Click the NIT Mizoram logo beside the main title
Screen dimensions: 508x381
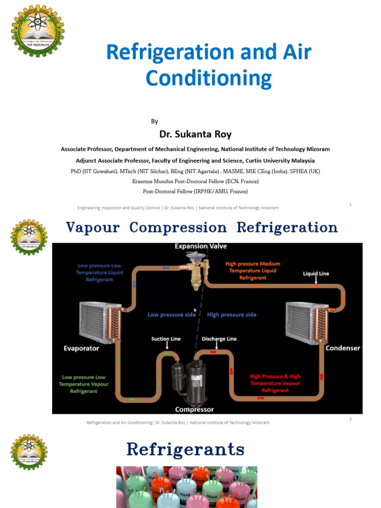pyautogui.click(x=38, y=31)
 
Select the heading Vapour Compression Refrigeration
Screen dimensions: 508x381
pyautogui.click(x=202, y=228)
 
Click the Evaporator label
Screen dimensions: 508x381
pyautogui.click(x=81, y=348)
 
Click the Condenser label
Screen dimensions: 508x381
pyautogui.click(x=342, y=348)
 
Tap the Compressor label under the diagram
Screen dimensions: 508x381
pyautogui.click(x=194, y=410)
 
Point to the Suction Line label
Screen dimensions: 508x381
pyautogui.click(x=166, y=339)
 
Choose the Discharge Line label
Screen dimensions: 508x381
pyautogui.click(x=219, y=339)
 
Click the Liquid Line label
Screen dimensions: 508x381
pyautogui.click(x=316, y=273)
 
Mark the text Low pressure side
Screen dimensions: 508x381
pyautogui.click(x=172, y=315)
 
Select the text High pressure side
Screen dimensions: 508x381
pyautogui.click(x=232, y=315)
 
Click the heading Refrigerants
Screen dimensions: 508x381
pyautogui.click(x=186, y=449)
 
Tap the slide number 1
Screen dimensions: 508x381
pyautogui.click(x=350, y=204)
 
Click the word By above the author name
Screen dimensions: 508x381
pyautogui.click(x=154, y=122)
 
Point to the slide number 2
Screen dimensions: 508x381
pyautogui.click(x=350, y=419)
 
